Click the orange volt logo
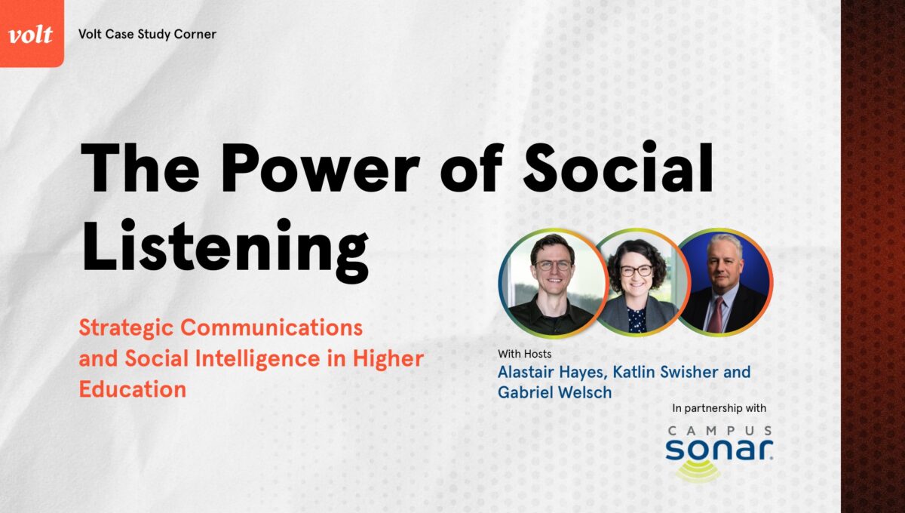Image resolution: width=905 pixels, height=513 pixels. pos(32,33)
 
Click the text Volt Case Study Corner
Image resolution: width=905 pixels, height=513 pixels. pos(147,35)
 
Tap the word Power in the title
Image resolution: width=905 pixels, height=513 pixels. pos(321,167)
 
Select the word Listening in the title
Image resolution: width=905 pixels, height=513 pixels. pos(225,250)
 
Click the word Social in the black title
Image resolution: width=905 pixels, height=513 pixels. pos(618,167)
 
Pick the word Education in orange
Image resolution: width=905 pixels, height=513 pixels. pos(133,389)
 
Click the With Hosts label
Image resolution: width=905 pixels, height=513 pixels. pos(524,354)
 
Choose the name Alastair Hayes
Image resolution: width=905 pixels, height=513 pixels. pos(552,373)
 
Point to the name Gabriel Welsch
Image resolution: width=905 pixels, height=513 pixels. pos(555,392)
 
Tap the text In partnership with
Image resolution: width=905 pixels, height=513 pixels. pos(719,408)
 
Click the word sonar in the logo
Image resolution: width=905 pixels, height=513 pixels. pos(719,450)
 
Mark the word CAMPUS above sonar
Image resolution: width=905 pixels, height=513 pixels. pos(720,431)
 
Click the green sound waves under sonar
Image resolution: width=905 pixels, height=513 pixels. pos(698,472)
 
